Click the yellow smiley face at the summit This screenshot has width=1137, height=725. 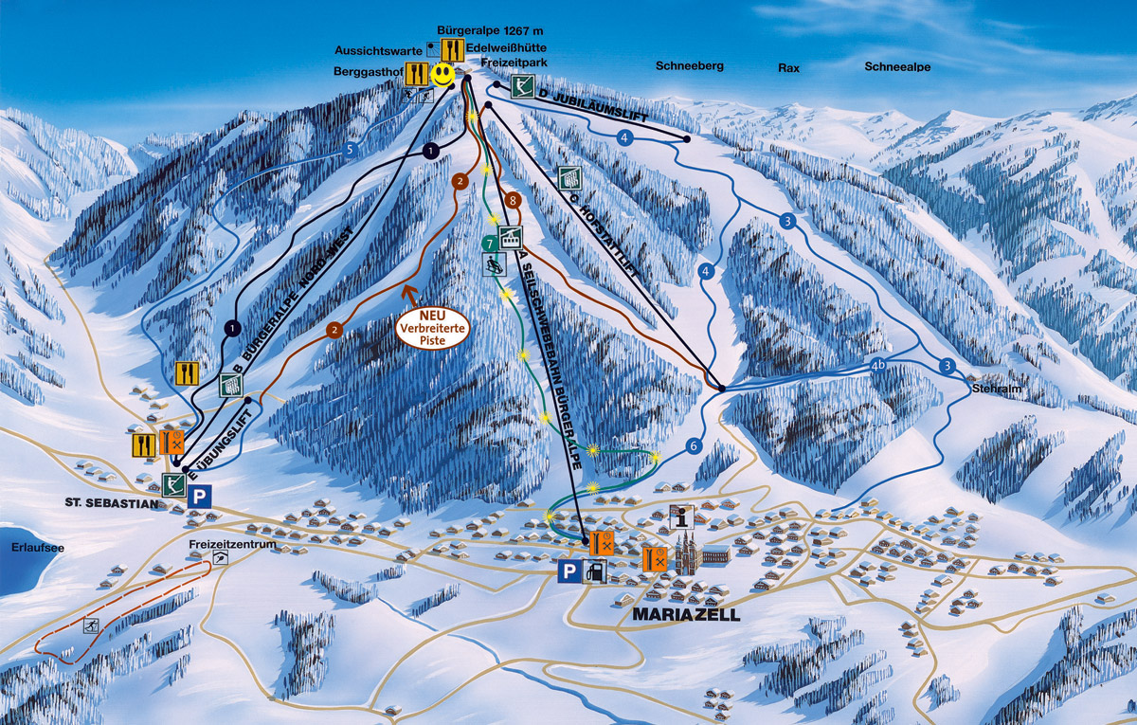pos(442,74)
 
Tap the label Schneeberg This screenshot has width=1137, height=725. pos(689,66)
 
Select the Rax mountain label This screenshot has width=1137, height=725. pos(788,68)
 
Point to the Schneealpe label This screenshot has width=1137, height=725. pos(896,66)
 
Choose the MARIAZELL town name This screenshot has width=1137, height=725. pos(684,614)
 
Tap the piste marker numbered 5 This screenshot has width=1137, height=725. pos(351,149)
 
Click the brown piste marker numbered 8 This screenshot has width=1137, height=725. pos(513,201)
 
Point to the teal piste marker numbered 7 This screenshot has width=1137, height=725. pos(489,243)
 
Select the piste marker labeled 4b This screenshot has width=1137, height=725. pos(879,365)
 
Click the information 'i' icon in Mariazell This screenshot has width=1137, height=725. pos(682,517)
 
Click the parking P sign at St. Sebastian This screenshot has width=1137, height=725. pos(200,497)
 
